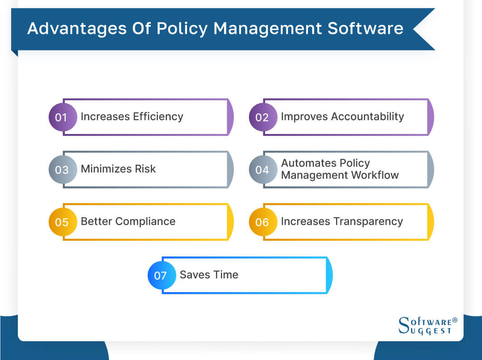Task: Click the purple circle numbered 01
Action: pos(62,117)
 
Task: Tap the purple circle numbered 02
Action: pos(262,117)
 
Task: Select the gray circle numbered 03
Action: pos(62,169)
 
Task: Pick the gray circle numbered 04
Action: pos(262,169)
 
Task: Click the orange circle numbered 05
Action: pos(62,222)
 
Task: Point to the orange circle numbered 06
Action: pos(262,222)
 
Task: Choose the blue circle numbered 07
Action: pos(161,275)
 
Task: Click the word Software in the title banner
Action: pos(366,29)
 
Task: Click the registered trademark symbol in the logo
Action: pos(455,320)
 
